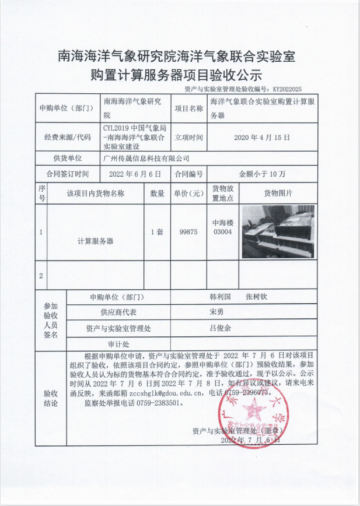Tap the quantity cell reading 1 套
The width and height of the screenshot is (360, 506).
[x=157, y=231]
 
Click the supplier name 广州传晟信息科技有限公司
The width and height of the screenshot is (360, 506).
[x=146, y=158]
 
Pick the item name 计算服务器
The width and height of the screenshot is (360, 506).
[x=95, y=240]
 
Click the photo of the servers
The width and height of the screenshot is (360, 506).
[x=278, y=231]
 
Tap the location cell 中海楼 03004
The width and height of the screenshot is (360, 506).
[x=222, y=227]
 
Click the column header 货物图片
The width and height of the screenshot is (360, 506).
[x=278, y=193]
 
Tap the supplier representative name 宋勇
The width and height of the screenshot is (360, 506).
[x=216, y=312]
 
